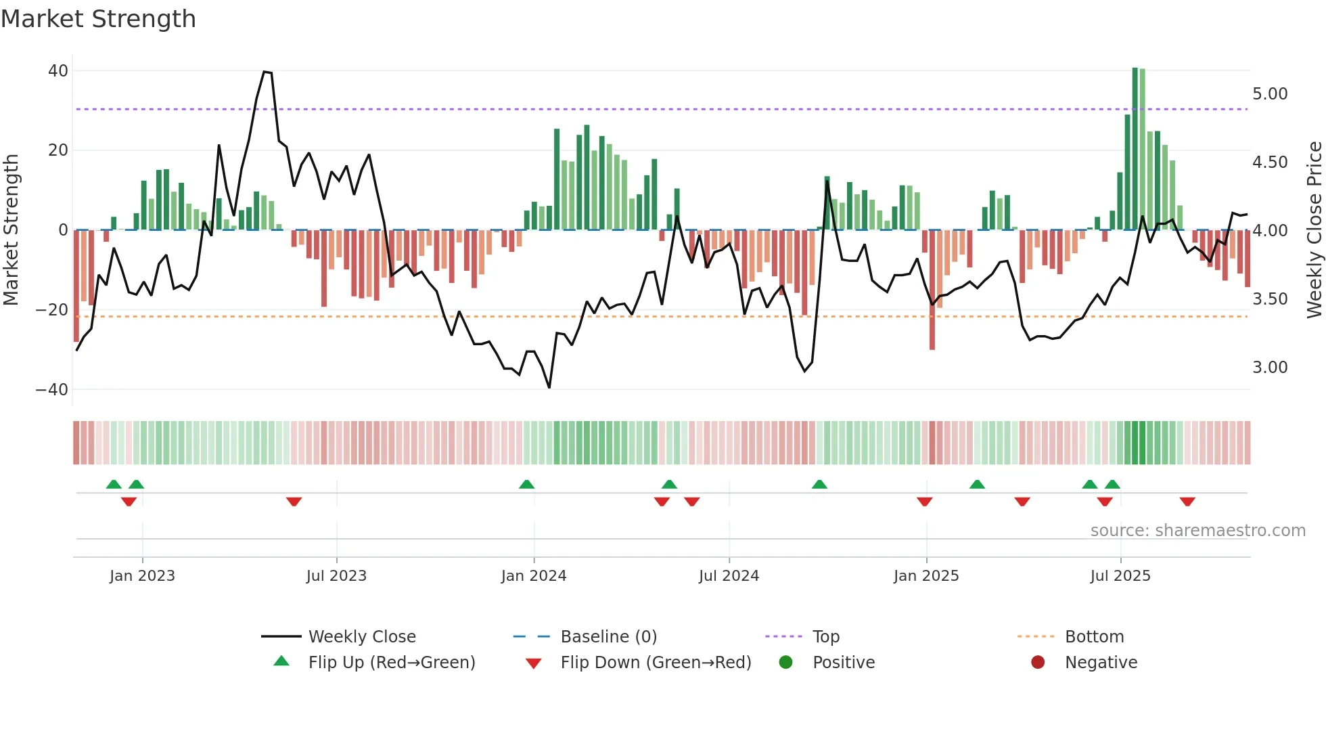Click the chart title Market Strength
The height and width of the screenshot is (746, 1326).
point(98,19)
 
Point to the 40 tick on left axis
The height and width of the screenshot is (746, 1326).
point(58,71)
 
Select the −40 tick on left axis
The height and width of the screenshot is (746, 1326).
point(52,390)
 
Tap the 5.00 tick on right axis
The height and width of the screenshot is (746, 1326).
point(1270,94)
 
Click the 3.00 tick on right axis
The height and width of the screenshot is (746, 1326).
point(1270,368)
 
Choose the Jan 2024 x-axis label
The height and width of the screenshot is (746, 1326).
point(534,576)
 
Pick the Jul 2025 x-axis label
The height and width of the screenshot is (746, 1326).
point(1120,576)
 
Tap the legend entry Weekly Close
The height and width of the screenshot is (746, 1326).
point(362,637)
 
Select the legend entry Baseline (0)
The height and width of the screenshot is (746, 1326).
point(608,637)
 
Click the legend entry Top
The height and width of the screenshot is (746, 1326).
point(826,637)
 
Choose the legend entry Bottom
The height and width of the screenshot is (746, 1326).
point(1094,637)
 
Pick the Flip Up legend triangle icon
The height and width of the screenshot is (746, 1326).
point(281,661)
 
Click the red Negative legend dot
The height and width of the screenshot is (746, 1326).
point(1038,662)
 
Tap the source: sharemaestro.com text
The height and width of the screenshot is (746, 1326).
point(1197,531)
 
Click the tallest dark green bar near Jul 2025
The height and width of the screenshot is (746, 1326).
point(1135,149)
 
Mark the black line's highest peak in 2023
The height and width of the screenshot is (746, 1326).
point(265,72)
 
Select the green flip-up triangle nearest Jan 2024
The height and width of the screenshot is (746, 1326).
point(526,484)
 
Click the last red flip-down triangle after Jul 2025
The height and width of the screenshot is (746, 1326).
point(1187,502)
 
